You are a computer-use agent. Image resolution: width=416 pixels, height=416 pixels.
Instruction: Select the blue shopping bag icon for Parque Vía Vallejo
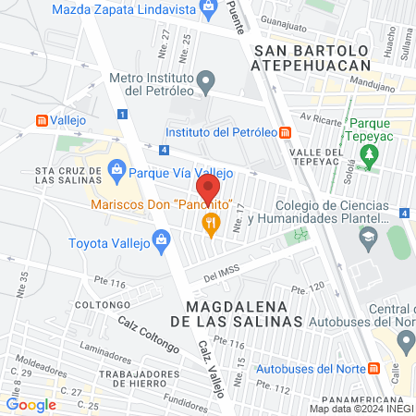(116, 169)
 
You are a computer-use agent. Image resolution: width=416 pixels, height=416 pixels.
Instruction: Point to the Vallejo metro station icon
(42, 120)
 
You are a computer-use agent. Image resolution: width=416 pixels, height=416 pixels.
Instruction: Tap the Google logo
(31, 404)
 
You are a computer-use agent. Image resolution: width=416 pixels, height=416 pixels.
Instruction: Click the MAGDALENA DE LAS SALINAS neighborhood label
(244, 312)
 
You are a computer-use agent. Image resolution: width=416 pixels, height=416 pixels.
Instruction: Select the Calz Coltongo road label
(148, 334)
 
